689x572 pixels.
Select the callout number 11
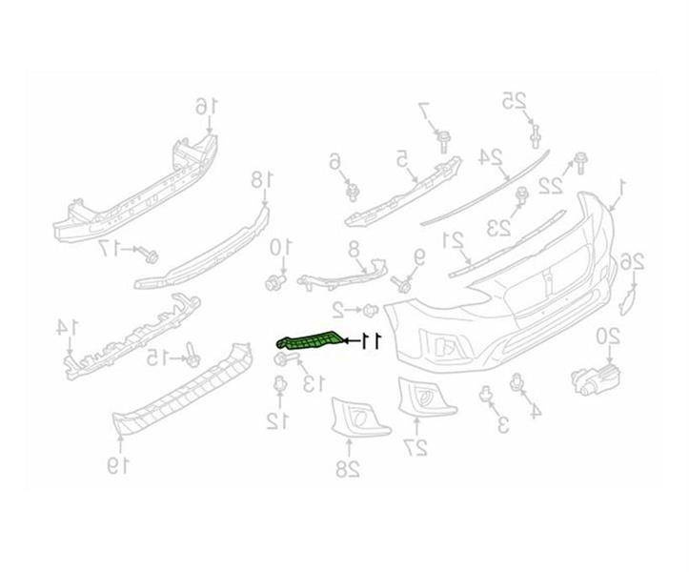click(370, 339)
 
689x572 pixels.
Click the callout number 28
click(350, 467)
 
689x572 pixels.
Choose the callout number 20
click(608, 336)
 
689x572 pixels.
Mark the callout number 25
click(516, 99)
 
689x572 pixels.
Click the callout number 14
click(64, 327)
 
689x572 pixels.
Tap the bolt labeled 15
click(192, 356)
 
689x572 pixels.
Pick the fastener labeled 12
click(279, 387)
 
